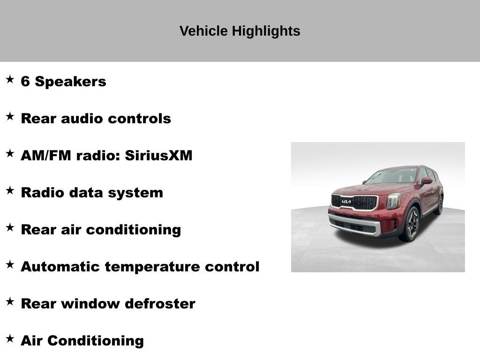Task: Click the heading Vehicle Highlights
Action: click(x=240, y=31)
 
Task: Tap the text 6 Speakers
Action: click(x=63, y=82)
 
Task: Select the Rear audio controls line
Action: click(x=96, y=119)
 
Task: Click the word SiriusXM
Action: click(x=158, y=156)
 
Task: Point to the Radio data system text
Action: click(x=92, y=193)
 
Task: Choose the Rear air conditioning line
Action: click(x=101, y=230)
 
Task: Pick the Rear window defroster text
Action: click(x=108, y=304)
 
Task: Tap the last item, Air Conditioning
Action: click(x=82, y=341)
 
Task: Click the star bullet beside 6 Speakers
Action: click(x=10, y=79)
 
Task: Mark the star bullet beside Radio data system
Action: click(x=10, y=190)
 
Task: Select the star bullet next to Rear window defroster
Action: click(x=10, y=301)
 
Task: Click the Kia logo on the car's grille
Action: click(x=346, y=202)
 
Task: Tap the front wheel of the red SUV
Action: click(x=411, y=224)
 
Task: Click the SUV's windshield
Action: click(x=392, y=176)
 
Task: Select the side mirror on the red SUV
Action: click(x=427, y=181)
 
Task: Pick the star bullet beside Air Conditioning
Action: click(x=10, y=338)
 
